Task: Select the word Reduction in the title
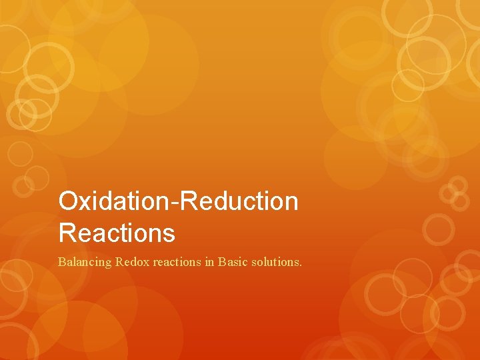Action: pyautogui.click(x=239, y=201)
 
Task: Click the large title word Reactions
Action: pyautogui.click(x=117, y=233)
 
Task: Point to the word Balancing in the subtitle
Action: pyautogui.click(x=85, y=262)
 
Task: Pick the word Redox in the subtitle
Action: pyautogui.click(x=133, y=262)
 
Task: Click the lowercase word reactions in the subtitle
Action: pyautogui.click(x=177, y=262)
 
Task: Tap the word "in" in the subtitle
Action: pyautogui.click(x=209, y=262)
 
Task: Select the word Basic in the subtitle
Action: pyautogui.click(x=233, y=262)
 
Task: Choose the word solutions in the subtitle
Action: pyautogui.click(x=275, y=262)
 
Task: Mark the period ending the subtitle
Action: pyautogui.click(x=301, y=265)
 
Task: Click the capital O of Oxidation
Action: pyautogui.click(x=69, y=201)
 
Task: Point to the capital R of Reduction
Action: pyautogui.click(x=189, y=201)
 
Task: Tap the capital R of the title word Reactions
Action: pyautogui.click(x=67, y=233)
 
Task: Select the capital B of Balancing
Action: pyautogui.click(x=62, y=262)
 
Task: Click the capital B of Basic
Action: pyautogui.click(x=222, y=262)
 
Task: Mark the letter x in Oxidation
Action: pyautogui.click(x=85, y=203)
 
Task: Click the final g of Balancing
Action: pyautogui.click(x=109, y=264)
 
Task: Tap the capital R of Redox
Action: pyautogui.click(x=119, y=262)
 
